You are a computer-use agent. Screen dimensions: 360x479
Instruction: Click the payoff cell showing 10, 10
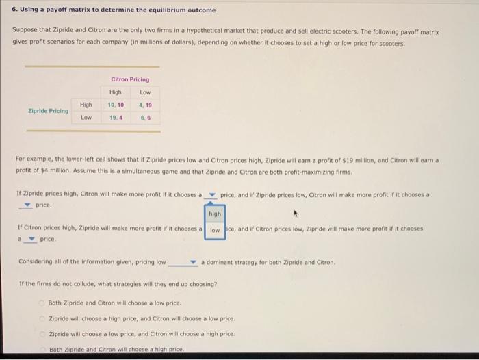point(115,105)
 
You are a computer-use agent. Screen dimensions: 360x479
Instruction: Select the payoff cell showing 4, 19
point(145,105)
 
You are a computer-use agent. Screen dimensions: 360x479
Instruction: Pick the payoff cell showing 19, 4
point(115,118)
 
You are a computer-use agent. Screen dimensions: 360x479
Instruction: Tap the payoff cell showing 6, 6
point(145,118)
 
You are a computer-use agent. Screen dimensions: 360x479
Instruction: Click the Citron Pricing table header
point(130,79)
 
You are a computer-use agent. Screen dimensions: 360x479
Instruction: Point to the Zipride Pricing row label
point(48,111)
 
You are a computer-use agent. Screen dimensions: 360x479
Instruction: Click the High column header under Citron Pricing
point(115,92)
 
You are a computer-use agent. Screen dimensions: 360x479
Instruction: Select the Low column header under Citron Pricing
point(145,92)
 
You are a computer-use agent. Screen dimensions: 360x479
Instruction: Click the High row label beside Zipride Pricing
point(86,105)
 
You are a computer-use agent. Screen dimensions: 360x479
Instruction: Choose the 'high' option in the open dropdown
point(215,214)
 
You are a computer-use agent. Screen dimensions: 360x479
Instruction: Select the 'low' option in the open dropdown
point(215,231)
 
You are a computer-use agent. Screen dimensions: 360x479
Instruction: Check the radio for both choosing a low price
point(41,303)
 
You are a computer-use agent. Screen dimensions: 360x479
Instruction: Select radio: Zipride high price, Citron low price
point(41,318)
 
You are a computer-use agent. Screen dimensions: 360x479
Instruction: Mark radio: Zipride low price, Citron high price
point(41,334)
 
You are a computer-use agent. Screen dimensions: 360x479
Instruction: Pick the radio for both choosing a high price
point(41,349)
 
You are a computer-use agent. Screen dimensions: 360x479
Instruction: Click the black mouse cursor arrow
point(297,214)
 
